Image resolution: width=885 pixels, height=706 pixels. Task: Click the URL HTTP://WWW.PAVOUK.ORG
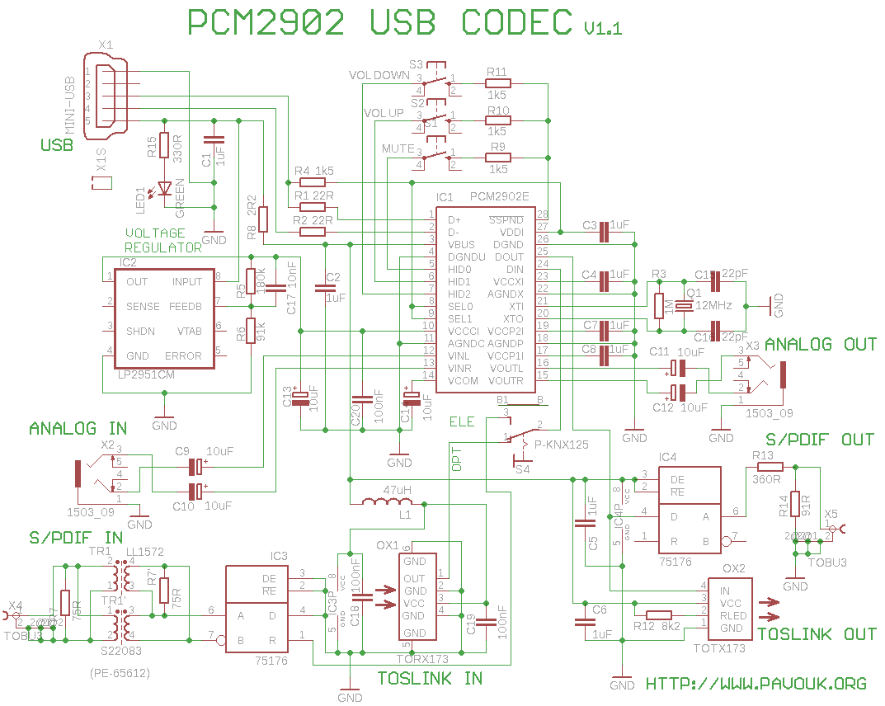tap(756, 684)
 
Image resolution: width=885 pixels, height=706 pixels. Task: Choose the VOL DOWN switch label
tap(379, 75)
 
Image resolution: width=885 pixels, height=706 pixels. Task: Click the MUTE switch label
tap(398, 148)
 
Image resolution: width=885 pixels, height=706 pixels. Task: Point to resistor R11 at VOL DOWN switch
tap(497, 82)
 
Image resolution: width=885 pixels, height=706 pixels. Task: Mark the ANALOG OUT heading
tap(820, 344)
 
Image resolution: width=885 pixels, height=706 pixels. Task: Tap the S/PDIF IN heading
tap(76, 539)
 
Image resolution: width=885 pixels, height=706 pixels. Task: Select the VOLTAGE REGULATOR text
tap(162, 240)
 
